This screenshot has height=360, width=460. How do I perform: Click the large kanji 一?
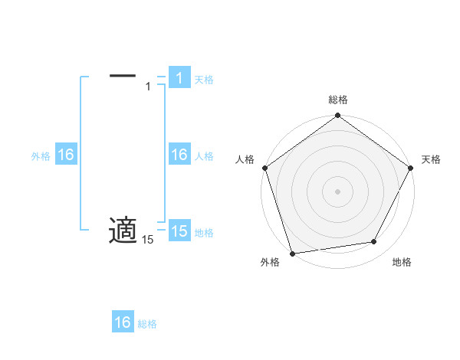123,75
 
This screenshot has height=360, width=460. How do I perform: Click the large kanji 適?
123,230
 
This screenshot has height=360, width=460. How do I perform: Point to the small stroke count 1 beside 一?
148,87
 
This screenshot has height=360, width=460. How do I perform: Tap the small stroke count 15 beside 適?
147,241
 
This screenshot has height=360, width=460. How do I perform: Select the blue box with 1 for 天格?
179,78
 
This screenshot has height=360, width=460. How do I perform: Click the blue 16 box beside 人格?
179,155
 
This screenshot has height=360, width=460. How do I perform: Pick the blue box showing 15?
179,232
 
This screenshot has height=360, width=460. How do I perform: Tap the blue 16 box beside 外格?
65,155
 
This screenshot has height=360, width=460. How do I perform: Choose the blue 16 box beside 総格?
123,322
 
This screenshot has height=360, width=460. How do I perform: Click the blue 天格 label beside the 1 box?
204,80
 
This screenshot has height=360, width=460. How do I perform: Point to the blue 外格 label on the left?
41,156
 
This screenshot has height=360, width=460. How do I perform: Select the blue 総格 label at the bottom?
147,324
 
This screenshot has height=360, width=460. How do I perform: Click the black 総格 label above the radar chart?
338,100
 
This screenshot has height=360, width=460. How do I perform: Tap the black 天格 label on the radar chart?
431,159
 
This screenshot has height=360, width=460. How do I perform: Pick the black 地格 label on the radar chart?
402,263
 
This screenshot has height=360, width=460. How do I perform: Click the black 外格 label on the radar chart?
270,263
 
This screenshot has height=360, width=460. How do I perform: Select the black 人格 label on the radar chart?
245,159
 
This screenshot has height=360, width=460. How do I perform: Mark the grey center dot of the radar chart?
338,191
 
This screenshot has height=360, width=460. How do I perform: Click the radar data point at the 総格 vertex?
338,116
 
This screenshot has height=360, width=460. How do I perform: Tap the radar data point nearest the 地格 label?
374,242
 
